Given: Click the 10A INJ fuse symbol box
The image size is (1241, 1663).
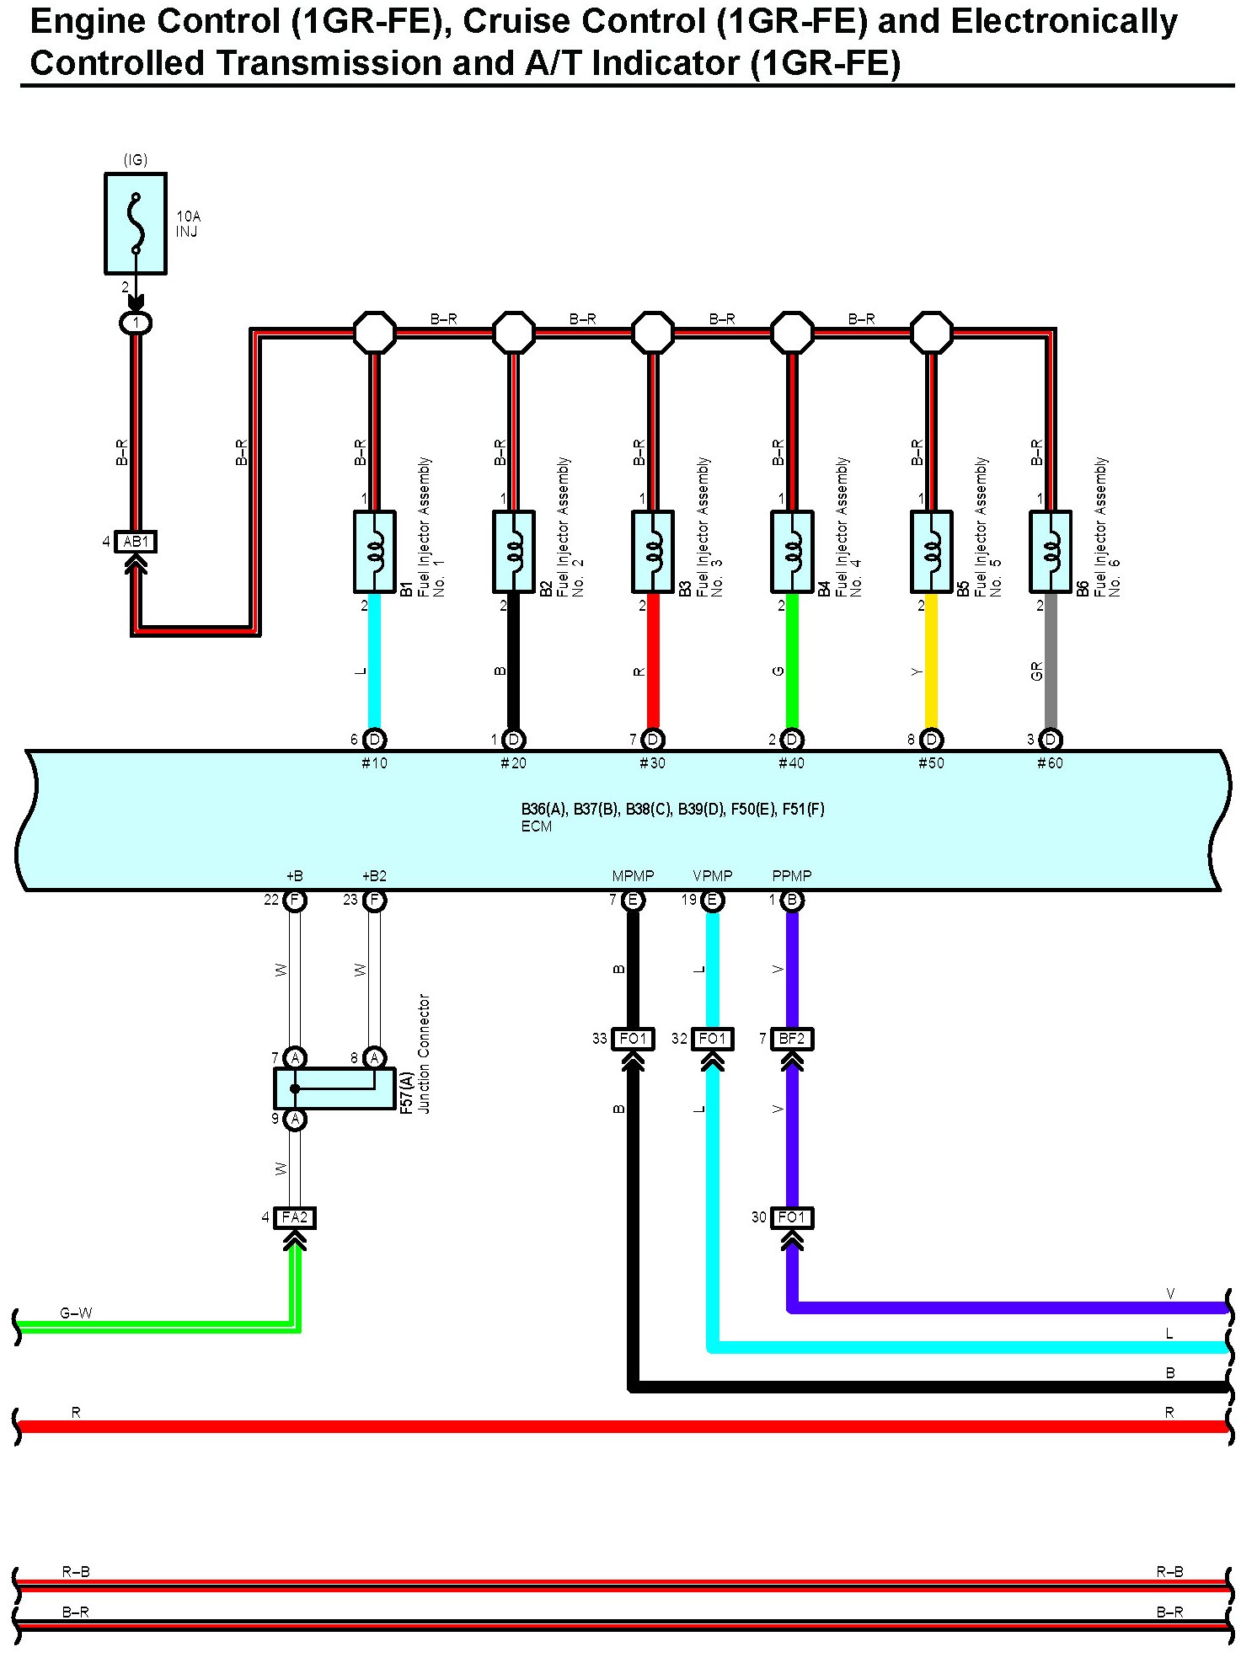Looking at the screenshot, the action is point(136,224).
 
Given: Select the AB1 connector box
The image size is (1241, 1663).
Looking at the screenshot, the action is point(136,542).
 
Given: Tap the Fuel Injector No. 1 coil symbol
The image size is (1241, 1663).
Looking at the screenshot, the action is point(375,552).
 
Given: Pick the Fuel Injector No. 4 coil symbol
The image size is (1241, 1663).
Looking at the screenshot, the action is point(792,552).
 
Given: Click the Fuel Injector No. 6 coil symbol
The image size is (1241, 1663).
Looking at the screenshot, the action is point(1051,552).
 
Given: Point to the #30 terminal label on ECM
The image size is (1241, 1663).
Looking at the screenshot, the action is point(652,763).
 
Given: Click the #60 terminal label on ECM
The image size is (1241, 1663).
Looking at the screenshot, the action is point(1050,763).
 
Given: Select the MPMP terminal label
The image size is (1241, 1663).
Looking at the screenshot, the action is point(633,876).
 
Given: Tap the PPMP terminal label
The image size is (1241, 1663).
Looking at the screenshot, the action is point(792,876).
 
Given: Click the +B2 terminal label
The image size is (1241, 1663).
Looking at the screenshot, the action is point(374,876).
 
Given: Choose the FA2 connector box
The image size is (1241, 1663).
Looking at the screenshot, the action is point(295,1218).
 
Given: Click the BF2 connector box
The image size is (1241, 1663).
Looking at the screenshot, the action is point(792,1040).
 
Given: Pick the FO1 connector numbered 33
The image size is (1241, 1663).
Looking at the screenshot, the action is point(633,1040).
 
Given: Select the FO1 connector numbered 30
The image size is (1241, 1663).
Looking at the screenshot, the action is point(792,1218).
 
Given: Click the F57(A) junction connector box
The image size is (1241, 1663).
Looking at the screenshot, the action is point(334,1088).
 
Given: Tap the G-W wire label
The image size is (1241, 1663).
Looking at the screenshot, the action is point(76,1313).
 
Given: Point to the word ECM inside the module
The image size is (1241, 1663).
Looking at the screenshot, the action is point(537,826).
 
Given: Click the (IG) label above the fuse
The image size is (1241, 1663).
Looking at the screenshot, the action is point(136,160).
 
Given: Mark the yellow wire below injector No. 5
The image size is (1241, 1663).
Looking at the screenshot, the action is point(931,661).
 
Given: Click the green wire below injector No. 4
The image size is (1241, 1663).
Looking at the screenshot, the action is point(792,661).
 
